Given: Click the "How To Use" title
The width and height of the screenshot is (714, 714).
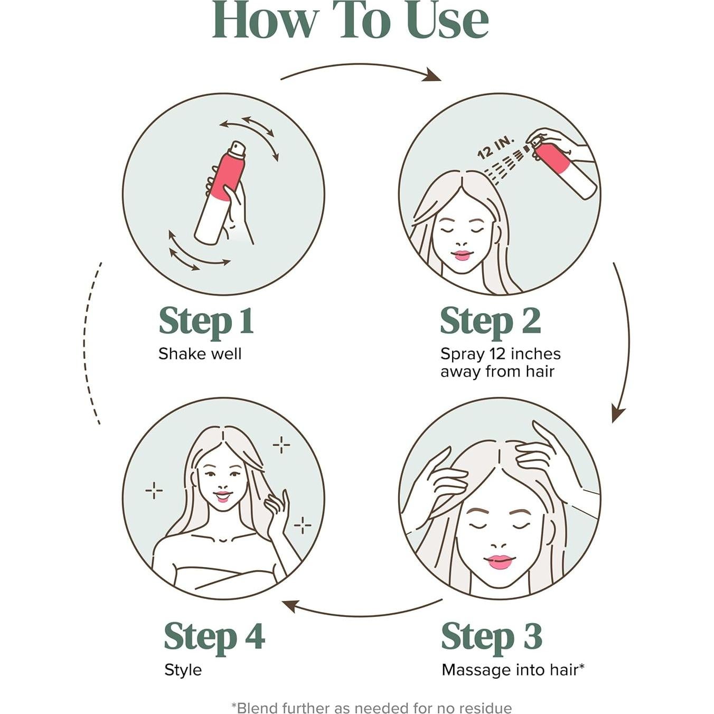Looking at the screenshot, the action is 351,21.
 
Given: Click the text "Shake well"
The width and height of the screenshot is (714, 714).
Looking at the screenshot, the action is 200,354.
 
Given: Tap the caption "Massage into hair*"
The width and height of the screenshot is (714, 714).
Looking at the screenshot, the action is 513,670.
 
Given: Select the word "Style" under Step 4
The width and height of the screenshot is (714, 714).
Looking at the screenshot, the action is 183,670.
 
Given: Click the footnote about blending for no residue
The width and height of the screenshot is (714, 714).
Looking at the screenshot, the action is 371,704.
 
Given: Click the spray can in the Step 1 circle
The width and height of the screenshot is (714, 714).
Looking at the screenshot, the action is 220,193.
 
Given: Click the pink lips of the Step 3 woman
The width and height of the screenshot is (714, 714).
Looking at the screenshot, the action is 499,562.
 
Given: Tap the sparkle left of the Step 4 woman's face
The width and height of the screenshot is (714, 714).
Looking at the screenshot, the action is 154,491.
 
